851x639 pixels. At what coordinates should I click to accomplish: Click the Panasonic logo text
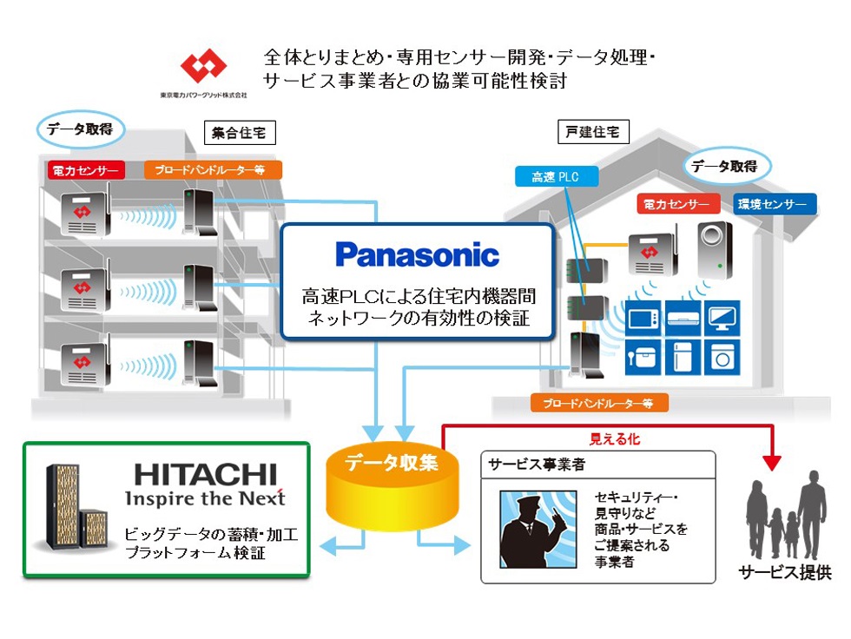[417, 254]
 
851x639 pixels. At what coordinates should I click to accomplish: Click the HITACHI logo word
[206, 474]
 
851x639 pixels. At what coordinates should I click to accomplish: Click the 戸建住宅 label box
[593, 132]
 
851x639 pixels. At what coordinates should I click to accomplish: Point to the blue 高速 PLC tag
[554, 177]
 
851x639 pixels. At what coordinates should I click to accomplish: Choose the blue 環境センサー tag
[775, 205]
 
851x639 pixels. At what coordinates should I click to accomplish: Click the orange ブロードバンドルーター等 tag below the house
[599, 403]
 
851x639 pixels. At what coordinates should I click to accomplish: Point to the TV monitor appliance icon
[721, 317]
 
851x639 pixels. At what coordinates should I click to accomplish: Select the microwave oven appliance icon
[643, 318]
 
